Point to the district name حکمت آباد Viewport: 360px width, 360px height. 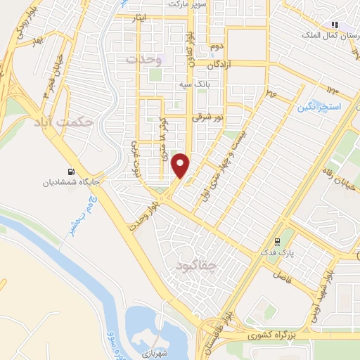[x=63, y=122]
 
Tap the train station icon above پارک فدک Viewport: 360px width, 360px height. [x=285, y=240]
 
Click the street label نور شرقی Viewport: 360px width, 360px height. [x=209, y=117]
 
